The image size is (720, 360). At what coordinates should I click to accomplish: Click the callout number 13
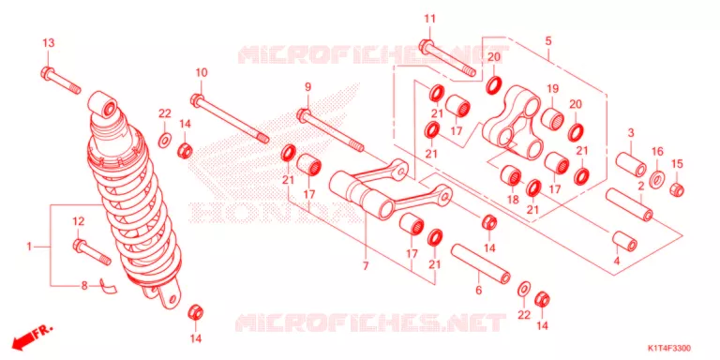49,43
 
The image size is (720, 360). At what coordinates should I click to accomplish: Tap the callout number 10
202,72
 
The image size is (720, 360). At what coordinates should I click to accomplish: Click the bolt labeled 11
449,57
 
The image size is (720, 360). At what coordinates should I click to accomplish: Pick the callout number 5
548,41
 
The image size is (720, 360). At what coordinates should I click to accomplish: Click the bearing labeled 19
553,118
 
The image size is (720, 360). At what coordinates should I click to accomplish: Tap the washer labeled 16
657,177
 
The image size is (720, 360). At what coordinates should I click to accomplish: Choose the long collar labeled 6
480,264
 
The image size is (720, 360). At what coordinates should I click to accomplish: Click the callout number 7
366,265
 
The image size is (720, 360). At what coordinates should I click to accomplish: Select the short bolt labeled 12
91,252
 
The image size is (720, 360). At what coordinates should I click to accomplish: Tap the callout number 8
84,286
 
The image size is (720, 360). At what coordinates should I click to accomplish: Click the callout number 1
29,247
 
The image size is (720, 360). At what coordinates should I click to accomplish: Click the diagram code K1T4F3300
669,349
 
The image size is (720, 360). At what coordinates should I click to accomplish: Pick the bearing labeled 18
510,175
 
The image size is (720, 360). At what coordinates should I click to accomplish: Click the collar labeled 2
629,202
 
